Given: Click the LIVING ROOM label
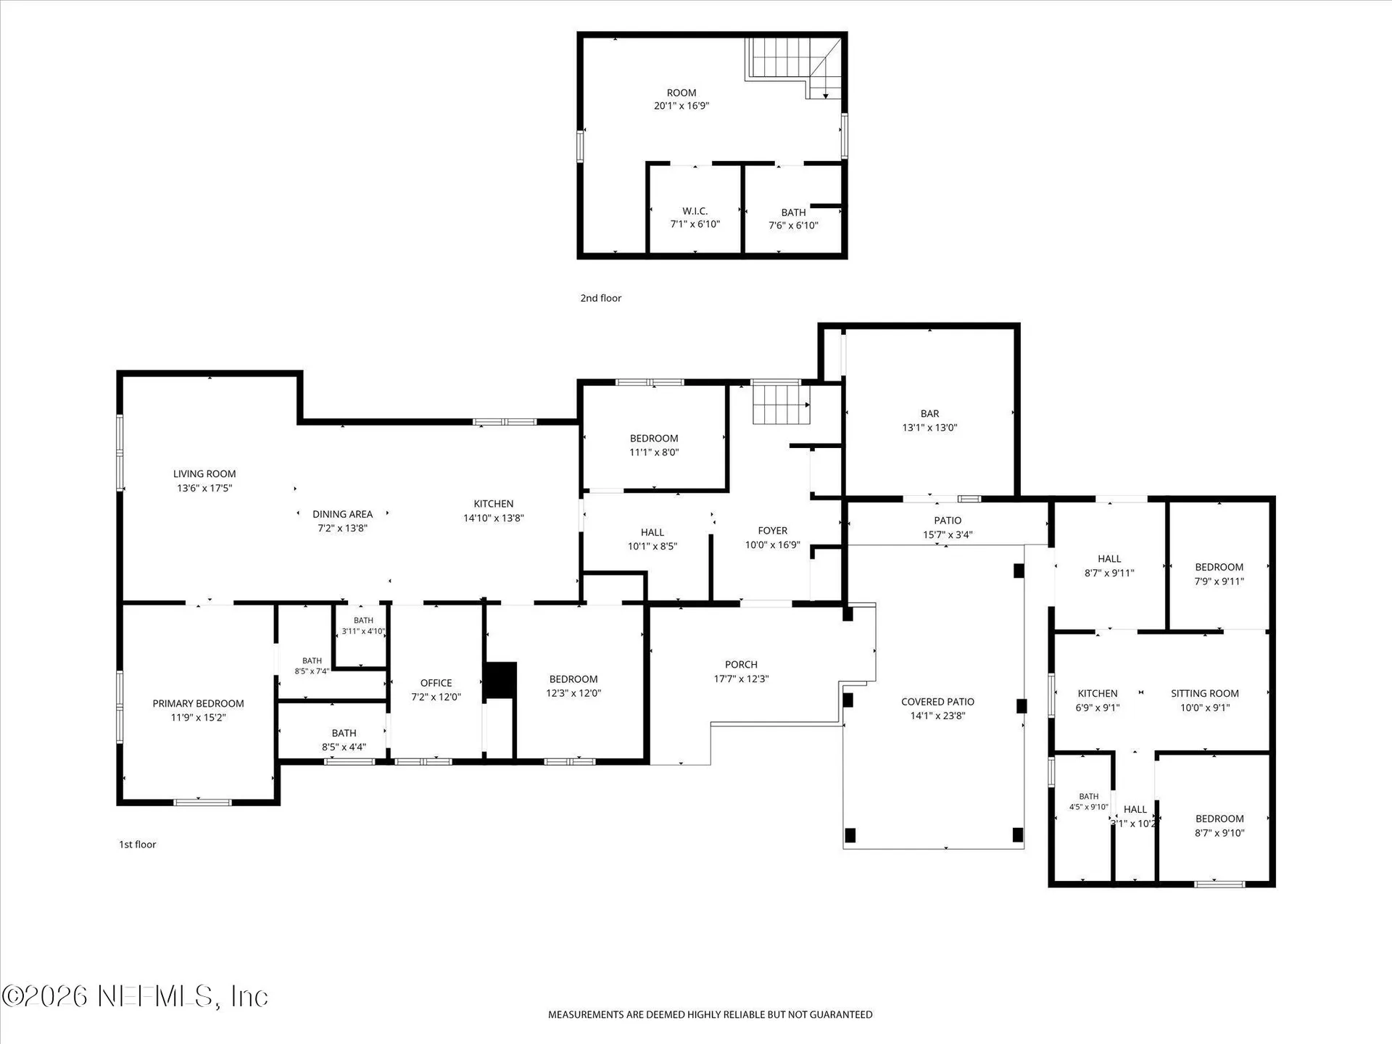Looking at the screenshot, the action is pyautogui.click(x=204, y=474).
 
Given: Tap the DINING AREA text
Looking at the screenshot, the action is pyautogui.click(x=342, y=514).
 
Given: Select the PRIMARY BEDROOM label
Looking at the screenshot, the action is pyautogui.click(x=198, y=703).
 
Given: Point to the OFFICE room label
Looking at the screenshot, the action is pyautogui.click(x=436, y=683).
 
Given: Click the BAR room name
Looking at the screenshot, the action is pyautogui.click(x=929, y=414).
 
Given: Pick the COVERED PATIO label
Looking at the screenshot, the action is pyautogui.click(x=937, y=702).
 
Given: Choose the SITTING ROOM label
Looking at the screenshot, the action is pyautogui.click(x=1205, y=694).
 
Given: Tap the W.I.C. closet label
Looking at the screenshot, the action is pyautogui.click(x=695, y=212).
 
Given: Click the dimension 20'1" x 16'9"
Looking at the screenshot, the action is pyautogui.click(x=681, y=106).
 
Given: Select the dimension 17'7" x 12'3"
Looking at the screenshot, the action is pyautogui.click(x=741, y=679).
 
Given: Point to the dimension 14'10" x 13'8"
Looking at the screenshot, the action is pyautogui.click(x=494, y=518).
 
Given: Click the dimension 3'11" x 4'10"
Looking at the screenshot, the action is pyautogui.click(x=363, y=631).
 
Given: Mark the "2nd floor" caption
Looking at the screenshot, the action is pyautogui.click(x=600, y=298).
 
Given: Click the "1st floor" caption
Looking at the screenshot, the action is pyautogui.click(x=138, y=845).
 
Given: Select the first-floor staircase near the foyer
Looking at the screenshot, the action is pyautogui.click(x=781, y=405).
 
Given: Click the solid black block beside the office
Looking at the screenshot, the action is pyautogui.click(x=500, y=680).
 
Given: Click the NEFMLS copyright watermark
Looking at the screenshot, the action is pyautogui.click(x=136, y=996).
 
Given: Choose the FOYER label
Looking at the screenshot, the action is pyautogui.click(x=772, y=531).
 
